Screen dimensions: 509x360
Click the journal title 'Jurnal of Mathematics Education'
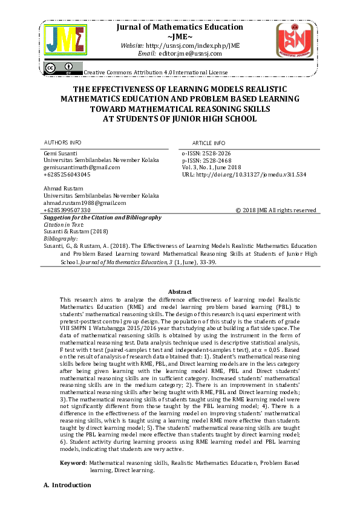point(180,27)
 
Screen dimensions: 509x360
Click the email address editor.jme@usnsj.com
point(190,53)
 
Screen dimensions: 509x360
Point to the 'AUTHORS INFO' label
point(63,142)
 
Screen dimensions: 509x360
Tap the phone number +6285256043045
point(67,174)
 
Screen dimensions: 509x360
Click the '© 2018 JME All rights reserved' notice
point(275,210)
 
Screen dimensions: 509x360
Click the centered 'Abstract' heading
point(180,291)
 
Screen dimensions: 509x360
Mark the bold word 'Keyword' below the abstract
point(73,462)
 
